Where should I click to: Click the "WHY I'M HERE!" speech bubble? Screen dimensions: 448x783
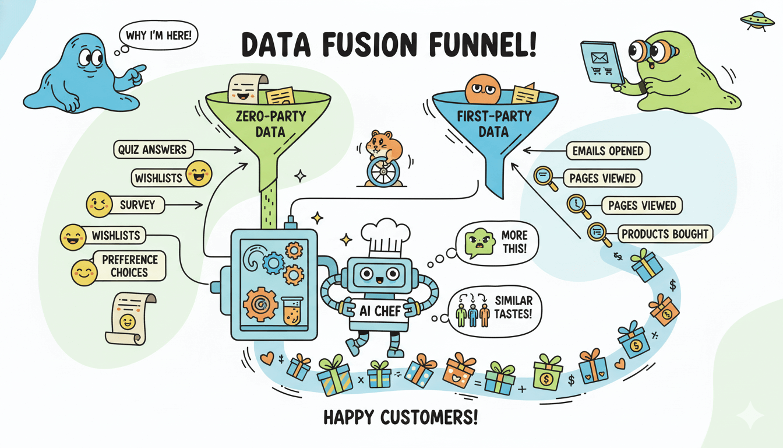click(x=158, y=35)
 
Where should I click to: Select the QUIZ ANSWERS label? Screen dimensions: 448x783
click(x=153, y=150)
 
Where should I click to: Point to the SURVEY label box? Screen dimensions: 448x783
click(x=137, y=205)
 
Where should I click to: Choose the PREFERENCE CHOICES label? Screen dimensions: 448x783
click(x=129, y=266)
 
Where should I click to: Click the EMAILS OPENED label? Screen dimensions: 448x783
click(x=608, y=151)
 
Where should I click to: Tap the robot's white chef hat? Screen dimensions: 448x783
click(x=382, y=237)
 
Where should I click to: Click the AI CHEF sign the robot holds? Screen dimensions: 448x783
click(x=380, y=311)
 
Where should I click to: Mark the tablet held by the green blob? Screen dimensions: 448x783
click(x=602, y=62)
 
